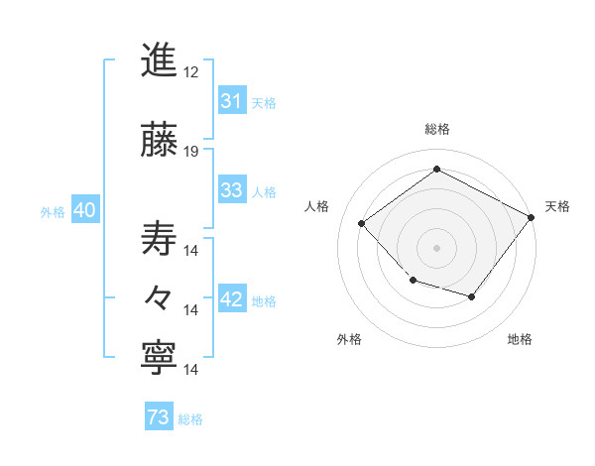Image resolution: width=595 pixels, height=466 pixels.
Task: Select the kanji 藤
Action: [160, 139]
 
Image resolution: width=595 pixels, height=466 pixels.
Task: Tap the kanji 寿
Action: [160, 237]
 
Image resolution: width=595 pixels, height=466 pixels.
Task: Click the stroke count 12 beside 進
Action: [191, 73]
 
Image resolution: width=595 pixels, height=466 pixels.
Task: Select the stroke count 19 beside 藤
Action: [191, 152]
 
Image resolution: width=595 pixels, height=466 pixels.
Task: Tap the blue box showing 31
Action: [231, 101]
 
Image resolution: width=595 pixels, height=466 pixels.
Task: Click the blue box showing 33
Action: [231, 190]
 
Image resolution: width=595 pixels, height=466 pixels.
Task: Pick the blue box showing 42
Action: [231, 300]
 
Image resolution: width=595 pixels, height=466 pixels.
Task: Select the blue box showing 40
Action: [84, 211]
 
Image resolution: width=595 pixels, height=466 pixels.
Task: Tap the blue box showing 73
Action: [159, 418]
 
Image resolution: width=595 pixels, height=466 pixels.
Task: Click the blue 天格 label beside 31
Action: [264, 102]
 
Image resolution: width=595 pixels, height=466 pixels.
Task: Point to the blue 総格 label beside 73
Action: [190, 419]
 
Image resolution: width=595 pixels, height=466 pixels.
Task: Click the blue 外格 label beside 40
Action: [53, 212]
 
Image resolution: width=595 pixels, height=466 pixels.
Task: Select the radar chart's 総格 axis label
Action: [436, 129]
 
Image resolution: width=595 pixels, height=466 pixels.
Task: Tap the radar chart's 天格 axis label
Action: [557, 206]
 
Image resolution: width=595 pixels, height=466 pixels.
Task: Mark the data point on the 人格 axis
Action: [362, 224]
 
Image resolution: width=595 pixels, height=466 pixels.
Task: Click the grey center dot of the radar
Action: [436, 247]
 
